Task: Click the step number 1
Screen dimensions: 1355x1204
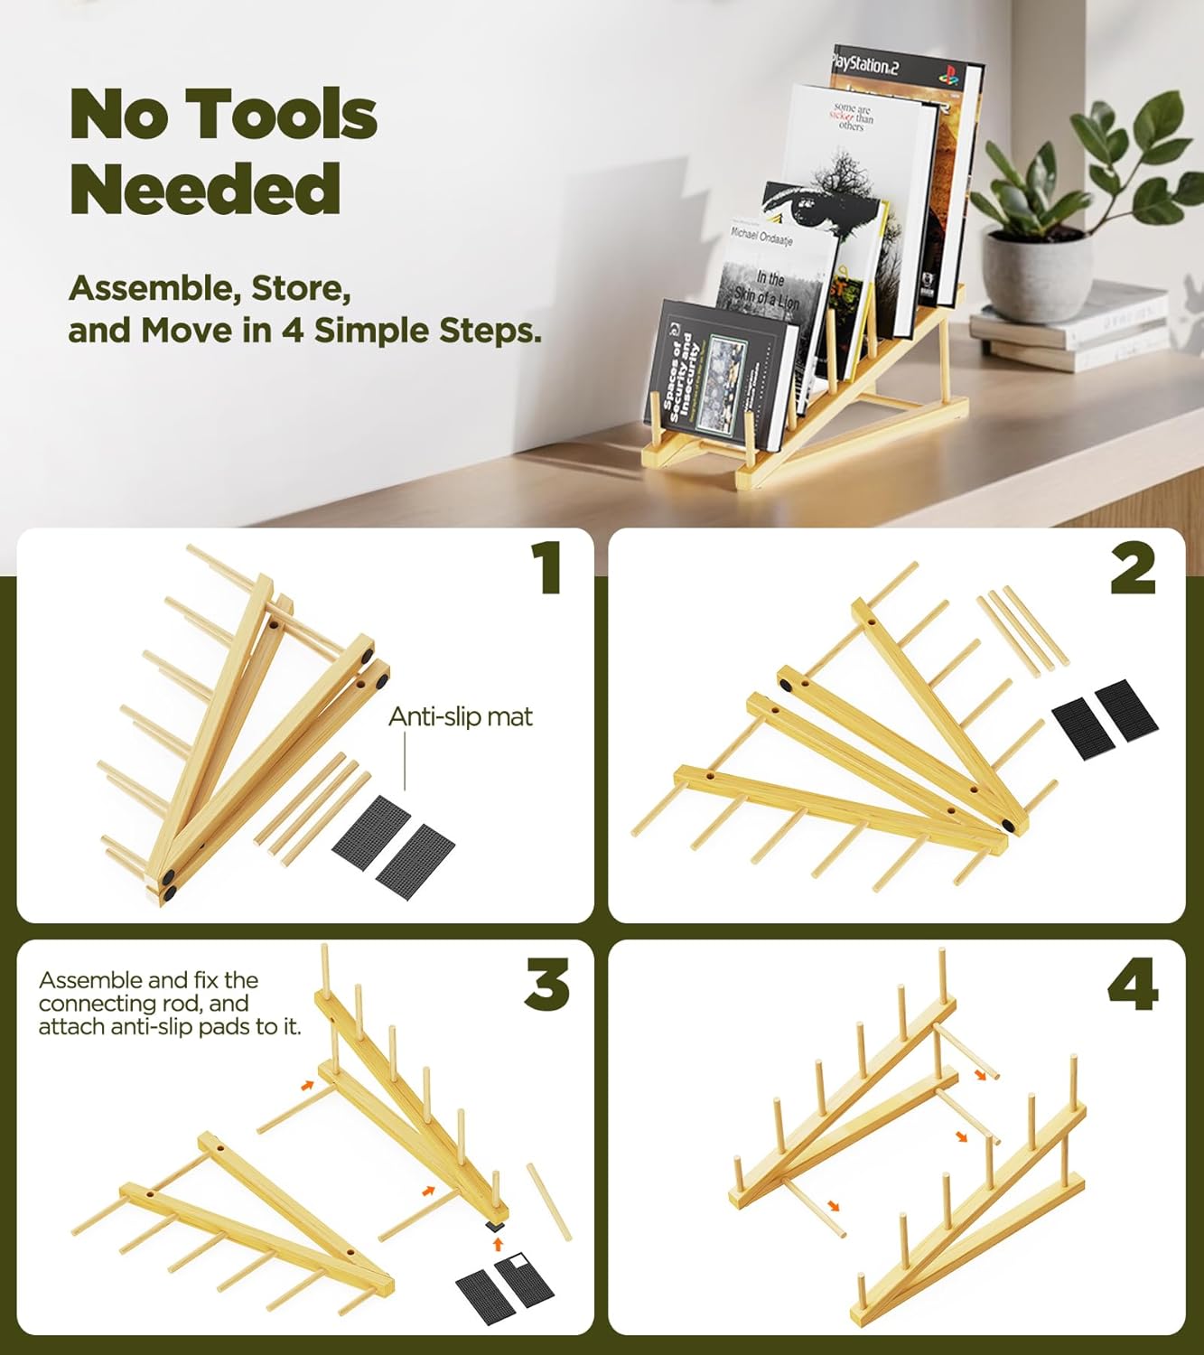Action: pos(546,567)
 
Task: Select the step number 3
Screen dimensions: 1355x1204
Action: pos(546,985)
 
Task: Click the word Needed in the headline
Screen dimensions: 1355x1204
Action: pos(205,189)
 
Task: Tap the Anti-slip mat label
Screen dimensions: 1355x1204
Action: pos(461,716)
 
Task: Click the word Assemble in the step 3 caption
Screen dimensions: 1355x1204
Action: pos(89,980)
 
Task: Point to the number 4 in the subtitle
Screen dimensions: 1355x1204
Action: pos(291,331)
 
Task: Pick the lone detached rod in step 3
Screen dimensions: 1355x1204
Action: pos(549,1201)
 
